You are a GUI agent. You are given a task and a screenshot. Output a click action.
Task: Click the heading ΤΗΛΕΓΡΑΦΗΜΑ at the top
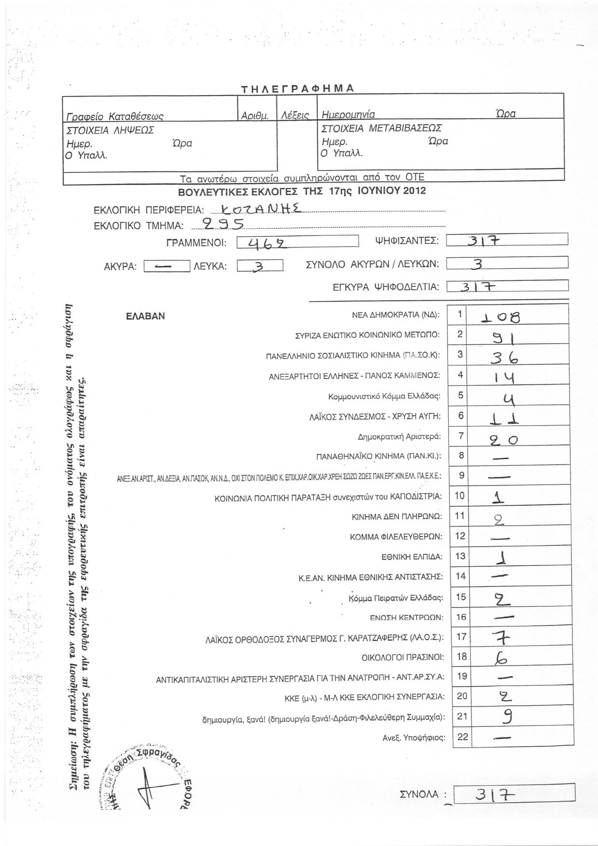click(298, 89)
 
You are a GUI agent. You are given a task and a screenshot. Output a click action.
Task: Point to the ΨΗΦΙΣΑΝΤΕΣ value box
click(507, 240)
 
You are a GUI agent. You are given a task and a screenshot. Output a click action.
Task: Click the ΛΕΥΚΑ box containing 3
click(260, 266)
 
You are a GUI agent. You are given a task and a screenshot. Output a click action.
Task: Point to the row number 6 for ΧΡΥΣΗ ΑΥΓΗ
click(461, 416)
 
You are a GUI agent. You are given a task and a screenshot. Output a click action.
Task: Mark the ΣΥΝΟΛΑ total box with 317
click(514, 793)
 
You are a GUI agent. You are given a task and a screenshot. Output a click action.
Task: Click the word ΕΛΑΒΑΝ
click(145, 316)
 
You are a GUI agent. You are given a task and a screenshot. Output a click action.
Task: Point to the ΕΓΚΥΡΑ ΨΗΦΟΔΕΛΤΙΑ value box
click(508, 287)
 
